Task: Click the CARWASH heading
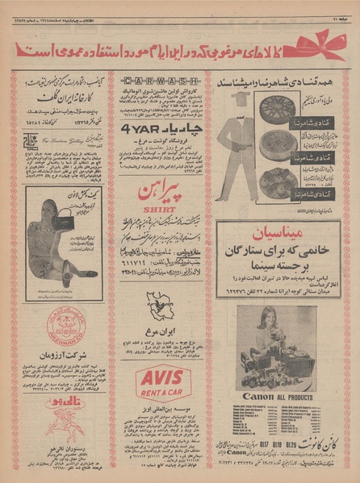[x=157, y=81]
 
